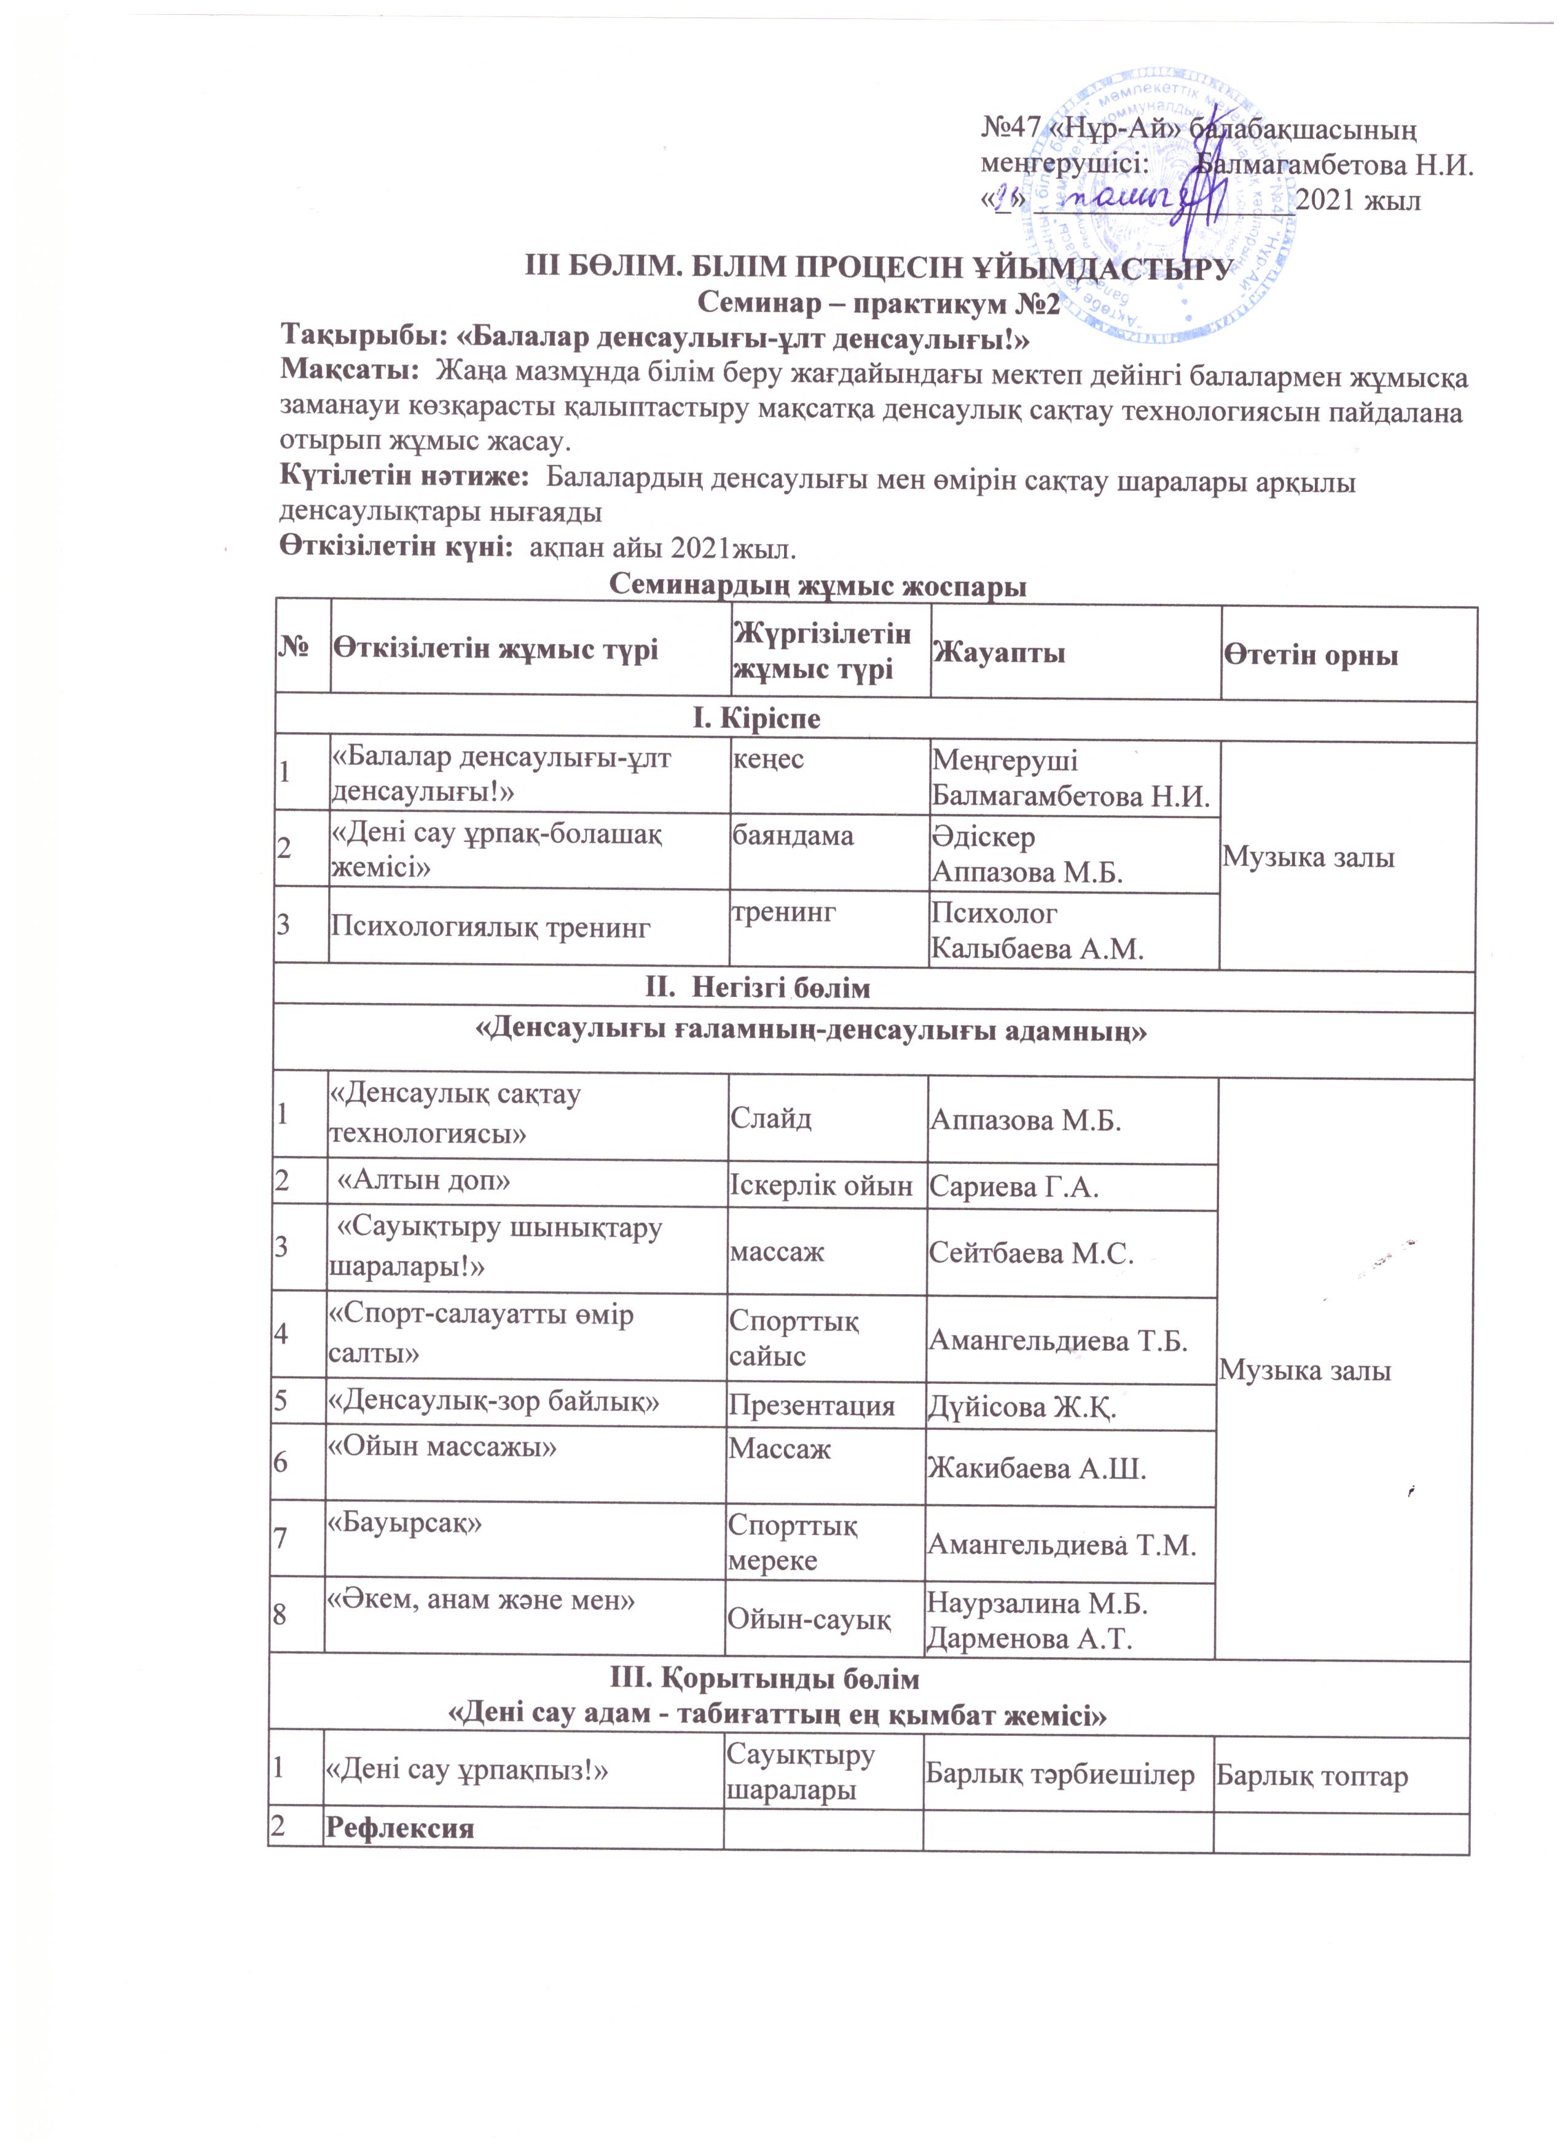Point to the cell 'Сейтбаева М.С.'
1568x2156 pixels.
click(x=1032, y=1252)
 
